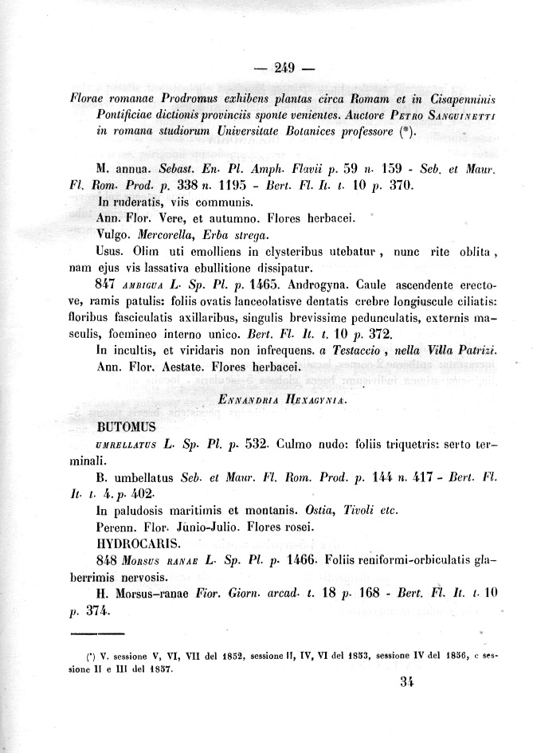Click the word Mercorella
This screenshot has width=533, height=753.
[168, 235]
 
